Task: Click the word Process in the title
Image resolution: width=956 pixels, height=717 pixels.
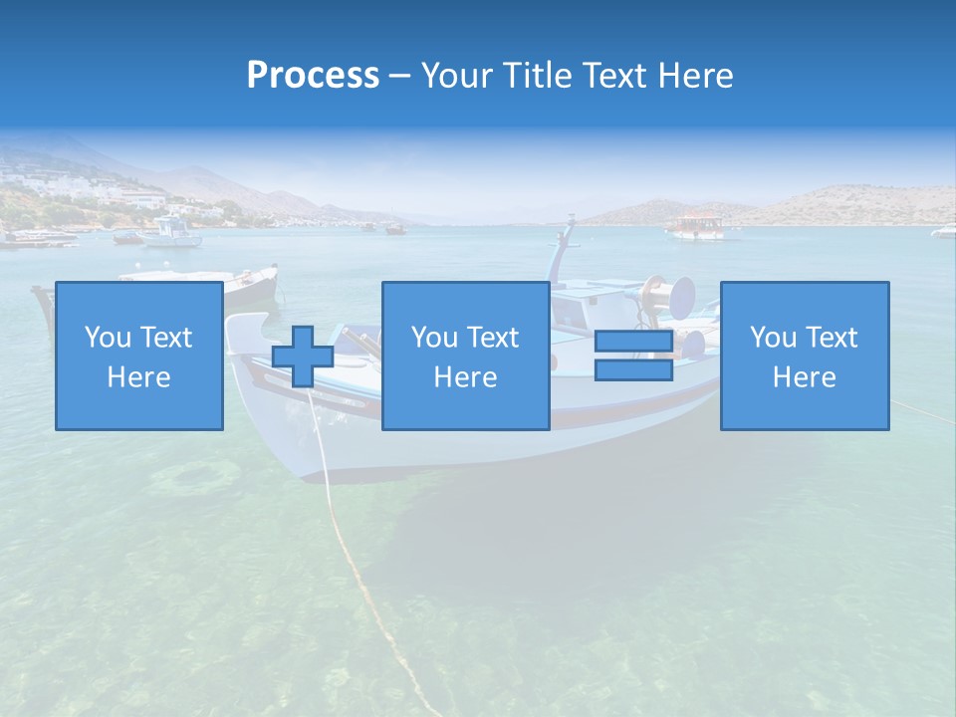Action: [x=313, y=76]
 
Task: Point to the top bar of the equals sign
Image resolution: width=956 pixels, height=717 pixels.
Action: [x=633, y=342]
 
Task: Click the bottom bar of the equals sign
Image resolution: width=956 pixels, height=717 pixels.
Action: [x=633, y=370]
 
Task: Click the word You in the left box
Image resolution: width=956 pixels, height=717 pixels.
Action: [x=108, y=338]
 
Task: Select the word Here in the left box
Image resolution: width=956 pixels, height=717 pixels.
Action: [x=138, y=377]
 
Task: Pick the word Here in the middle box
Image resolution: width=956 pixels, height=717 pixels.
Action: [x=465, y=377]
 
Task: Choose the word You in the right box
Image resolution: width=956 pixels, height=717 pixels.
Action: [x=773, y=338]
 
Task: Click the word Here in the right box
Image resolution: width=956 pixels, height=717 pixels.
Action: [x=804, y=377]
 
